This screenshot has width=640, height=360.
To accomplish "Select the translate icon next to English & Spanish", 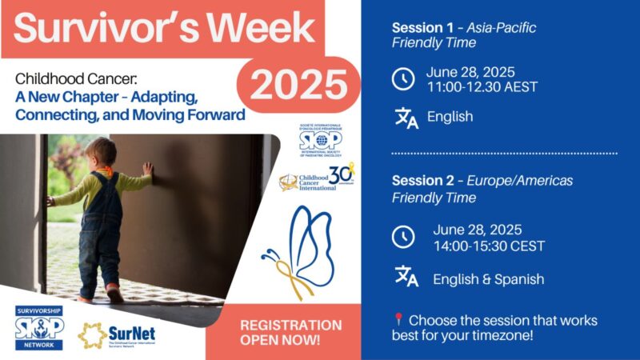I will click(x=406, y=277).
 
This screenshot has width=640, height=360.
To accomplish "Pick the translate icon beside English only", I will click(x=406, y=117).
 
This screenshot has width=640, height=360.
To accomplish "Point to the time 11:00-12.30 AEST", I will click(x=482, y=86).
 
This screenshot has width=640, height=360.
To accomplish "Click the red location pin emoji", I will click(x=398, y=320).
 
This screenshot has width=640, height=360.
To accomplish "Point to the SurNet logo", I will click(x=118, y=334).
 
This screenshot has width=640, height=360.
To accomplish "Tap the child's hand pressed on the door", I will click(x=148, y=169).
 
